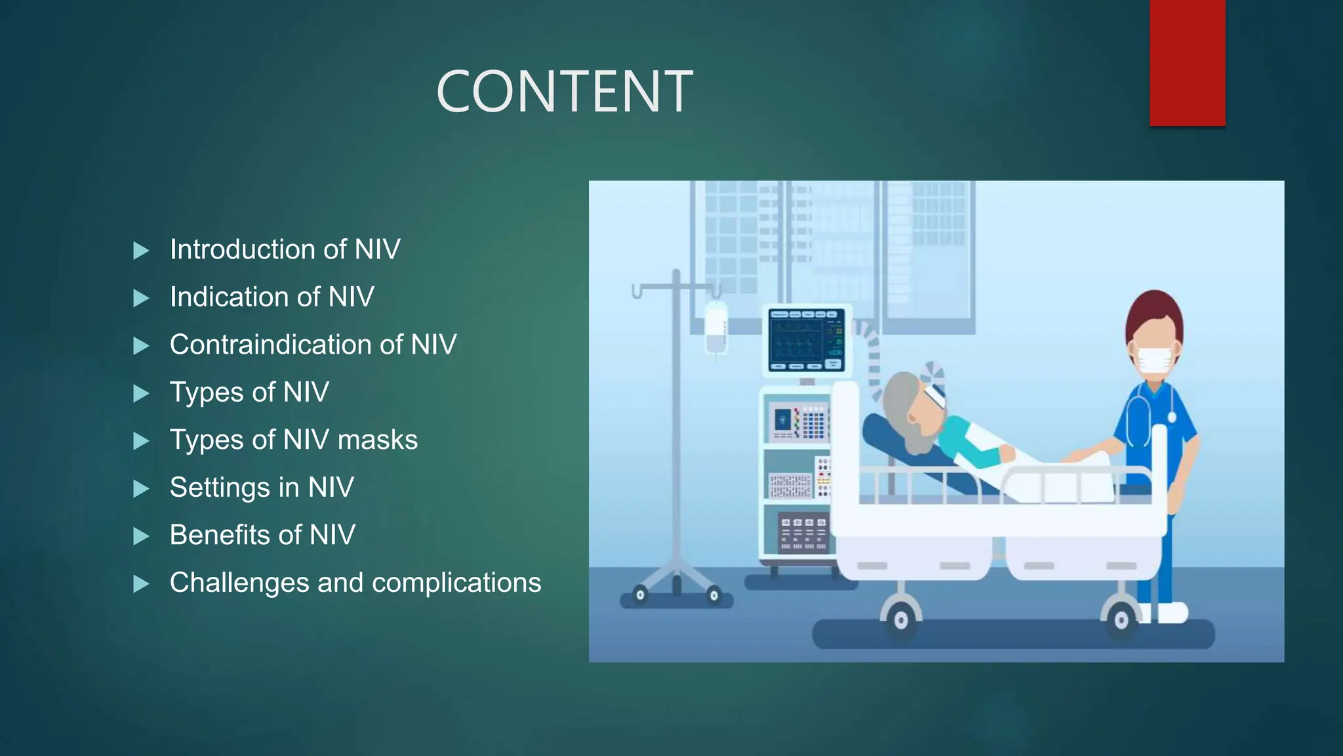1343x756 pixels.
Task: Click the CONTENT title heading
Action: click(x=564, y=92)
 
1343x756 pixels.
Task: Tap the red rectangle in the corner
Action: click(x=1187, y=62)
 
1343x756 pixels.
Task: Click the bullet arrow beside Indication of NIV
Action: click(x=141, y=298)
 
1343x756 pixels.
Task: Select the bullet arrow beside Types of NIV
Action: click(x=141, y=393)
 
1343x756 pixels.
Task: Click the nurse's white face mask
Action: click(x=1154, y=360)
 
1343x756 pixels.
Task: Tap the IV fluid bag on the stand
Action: click(x=715, y=328)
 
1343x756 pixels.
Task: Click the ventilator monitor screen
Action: click(x=807, y=340)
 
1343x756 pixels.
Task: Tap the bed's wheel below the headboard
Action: click(x=901, y=619)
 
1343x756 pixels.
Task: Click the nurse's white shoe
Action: click(x=1171, y=613)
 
